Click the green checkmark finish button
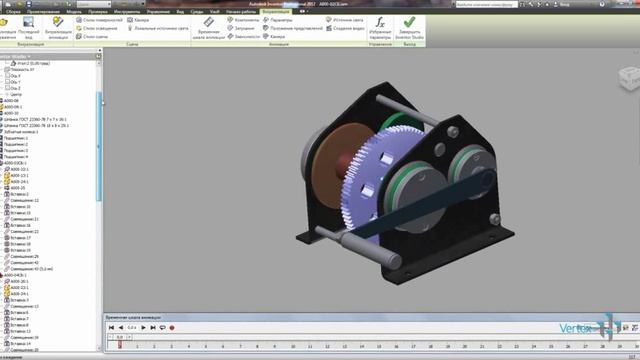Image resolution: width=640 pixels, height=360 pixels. pos(409,23)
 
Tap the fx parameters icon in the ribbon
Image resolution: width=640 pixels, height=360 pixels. pos(379,23)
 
